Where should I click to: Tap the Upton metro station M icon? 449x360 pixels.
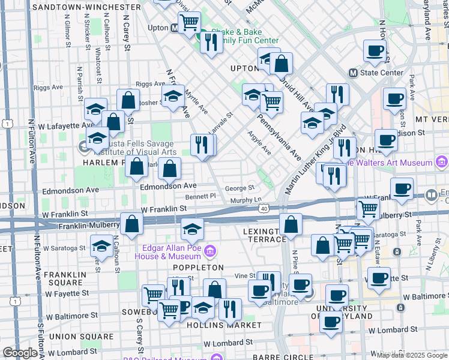click(x=174, y=28)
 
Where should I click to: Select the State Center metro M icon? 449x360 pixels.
click(x=353, y=73)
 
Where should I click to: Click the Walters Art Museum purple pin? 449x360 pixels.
click(x=442, y=162)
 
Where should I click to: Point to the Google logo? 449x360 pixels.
click(x=20, y=353)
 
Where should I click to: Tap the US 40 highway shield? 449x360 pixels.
click(x=264, y=208)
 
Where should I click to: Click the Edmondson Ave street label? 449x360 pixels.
click(x=168, y=187)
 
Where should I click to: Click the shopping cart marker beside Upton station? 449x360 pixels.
click(x=190, y=23)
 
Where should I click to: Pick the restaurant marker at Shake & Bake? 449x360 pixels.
click(x=211, y=42)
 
